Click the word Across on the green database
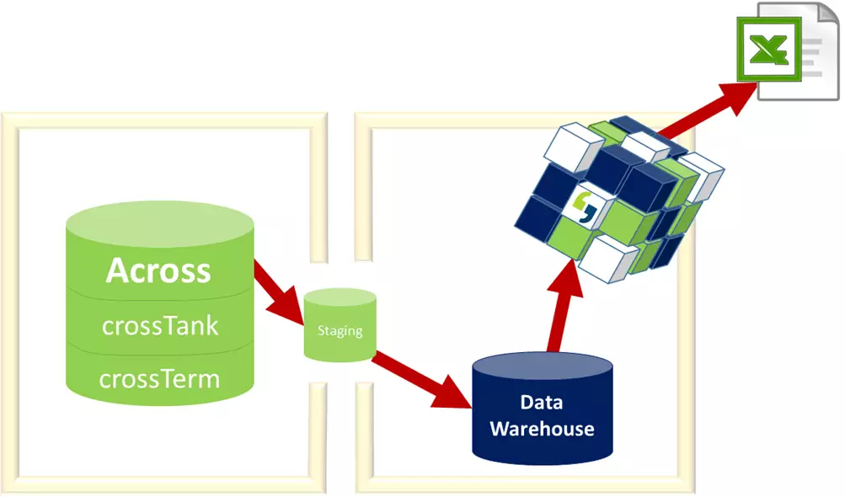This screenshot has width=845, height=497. [x=158, y=271]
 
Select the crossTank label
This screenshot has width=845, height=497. [x=160, y=325]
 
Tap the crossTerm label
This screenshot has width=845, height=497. [x=159, y=378]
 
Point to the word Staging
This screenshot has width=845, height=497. [x=340, y=330]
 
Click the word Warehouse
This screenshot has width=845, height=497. [x=542, y=429]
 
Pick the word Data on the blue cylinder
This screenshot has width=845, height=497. [x=542, y=403]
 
